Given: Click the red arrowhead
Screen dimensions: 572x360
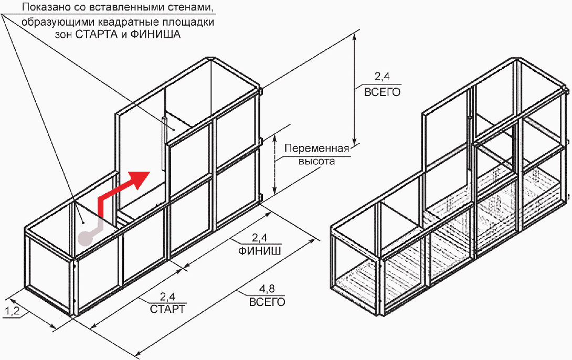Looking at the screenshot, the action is tap(141, 179).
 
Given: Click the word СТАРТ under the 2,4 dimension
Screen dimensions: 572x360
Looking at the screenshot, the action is tap(168, 309).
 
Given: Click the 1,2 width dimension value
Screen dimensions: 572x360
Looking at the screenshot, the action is tap(12, 311).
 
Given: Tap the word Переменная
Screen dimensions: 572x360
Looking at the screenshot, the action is tap(316, 149).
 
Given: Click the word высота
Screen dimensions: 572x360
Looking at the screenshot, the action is tap(316, 161).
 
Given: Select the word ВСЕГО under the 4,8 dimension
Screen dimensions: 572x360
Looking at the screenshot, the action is tap(267, 302).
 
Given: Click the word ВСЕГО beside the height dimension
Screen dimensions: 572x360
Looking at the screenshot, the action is tap(383, 92).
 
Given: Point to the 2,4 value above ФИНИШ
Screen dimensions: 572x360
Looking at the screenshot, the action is tap(259, 238).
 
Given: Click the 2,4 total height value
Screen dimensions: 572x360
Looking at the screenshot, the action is tap(383, 76).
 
